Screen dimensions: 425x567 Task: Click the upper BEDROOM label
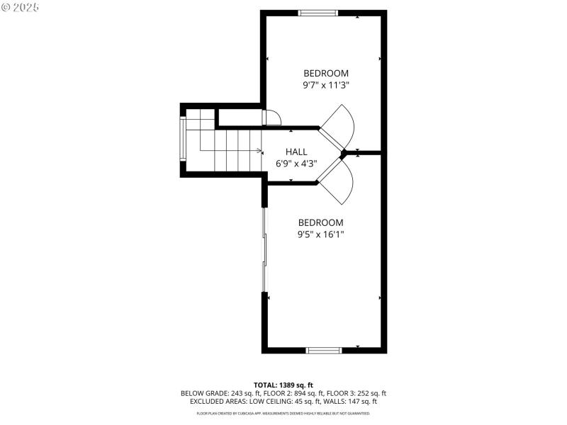point(326,73)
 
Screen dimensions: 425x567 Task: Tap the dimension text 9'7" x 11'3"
point(326,85)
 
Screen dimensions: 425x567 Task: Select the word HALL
point(296,152)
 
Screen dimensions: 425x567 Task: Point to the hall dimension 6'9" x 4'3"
point(296,163)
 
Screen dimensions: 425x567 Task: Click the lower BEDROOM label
point(320,222)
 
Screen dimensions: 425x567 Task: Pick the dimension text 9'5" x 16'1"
point(320,234)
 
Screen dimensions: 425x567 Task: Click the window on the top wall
point(318,13)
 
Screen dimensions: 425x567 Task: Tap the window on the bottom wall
point(325,349)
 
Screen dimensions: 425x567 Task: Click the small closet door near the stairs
point(272,118)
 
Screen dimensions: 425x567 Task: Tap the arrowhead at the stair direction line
point(259,151)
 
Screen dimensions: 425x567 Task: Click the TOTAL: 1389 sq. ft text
point(283,385)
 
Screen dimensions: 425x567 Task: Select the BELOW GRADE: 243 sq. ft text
point(212,393)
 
